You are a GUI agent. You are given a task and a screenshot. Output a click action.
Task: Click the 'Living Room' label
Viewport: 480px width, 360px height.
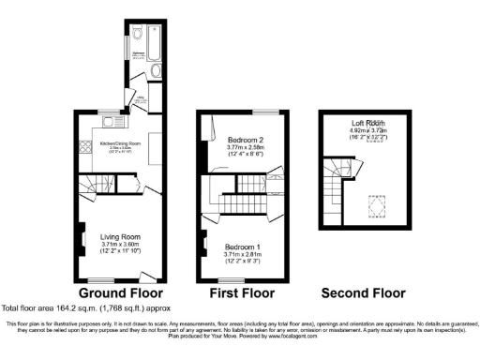click(x=120, y=236)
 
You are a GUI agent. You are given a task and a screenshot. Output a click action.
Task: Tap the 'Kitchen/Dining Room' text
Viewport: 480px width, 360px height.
click(x=120, y=142)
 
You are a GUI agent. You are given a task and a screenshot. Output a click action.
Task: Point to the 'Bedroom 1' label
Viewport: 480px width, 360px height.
click(x=239, y=246)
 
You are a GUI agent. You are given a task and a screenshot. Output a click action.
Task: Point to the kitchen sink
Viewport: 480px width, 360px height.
click(x=110, y=119)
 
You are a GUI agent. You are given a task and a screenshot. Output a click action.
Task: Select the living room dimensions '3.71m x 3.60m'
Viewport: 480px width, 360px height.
click(x=120, y=245)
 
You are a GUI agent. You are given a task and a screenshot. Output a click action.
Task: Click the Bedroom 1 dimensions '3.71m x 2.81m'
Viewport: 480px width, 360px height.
click(x=239, y=253)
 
